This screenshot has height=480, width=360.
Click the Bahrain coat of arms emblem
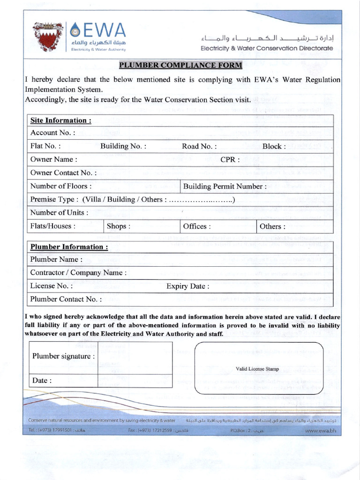(48, 37)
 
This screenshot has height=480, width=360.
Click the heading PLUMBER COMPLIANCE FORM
(180, 65)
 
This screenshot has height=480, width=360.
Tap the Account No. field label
(52, 133)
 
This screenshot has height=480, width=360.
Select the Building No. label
(123, 146)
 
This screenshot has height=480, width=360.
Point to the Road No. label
(197, 146)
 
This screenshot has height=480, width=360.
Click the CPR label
(230, 159)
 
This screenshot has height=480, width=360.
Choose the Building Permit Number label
(225, 186)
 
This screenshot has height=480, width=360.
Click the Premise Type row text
(132, 200)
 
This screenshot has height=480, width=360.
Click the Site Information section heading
(60, 120)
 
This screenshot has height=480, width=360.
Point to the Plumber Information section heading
(69, 247)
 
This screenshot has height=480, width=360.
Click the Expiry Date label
(187, 286)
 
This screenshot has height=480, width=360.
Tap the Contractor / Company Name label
(78, 272)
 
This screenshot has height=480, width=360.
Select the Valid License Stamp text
(257, 369)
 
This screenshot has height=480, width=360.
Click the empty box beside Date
(135, 380)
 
